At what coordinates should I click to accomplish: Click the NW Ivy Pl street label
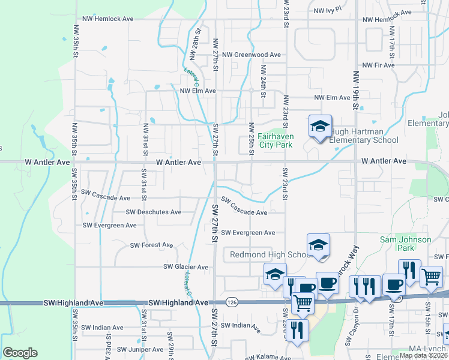(327, 10)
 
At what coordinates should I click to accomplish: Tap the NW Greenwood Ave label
(252, 55)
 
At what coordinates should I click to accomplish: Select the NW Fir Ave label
(379, 65)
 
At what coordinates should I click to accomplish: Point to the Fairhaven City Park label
(276, 140)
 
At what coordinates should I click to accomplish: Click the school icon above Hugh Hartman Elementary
(320, 127)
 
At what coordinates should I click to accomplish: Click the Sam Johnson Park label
(406, 244)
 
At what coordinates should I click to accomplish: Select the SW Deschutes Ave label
(154, 212)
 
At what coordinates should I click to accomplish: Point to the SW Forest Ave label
(152, 245)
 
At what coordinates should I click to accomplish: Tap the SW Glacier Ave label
(185, 267)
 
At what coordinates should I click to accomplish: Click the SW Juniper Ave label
(140, 349)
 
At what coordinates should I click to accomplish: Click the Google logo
(20, 353)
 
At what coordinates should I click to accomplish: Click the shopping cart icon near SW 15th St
(431, 277)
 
